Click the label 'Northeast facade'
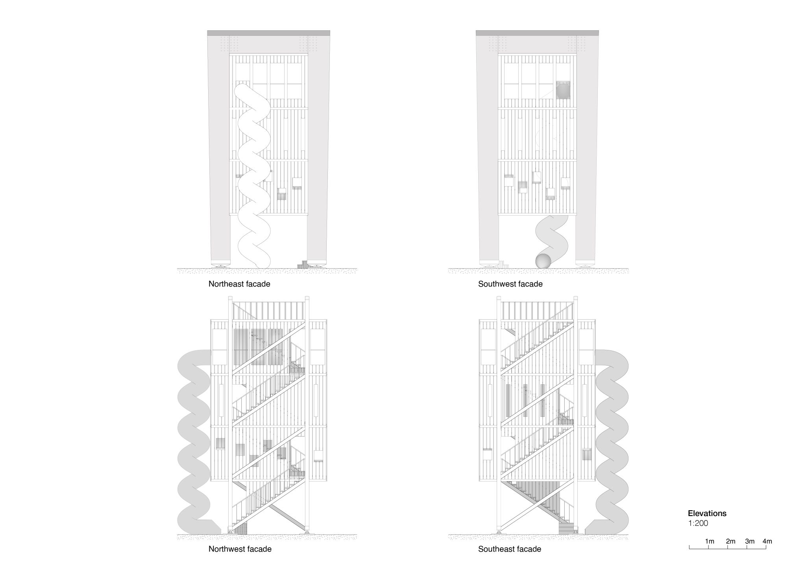point(239,284)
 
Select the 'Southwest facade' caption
point(510,284)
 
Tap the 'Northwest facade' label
point(240,549)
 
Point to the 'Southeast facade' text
point(510,549)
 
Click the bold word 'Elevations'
point(707,513)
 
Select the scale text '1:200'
point(698,524)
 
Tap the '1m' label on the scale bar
point(710,542)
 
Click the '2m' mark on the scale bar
point(730,542)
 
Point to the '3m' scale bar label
point(750,542)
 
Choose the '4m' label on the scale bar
point(767,542)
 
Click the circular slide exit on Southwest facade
point(543,261)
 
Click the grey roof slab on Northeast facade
point(268,33)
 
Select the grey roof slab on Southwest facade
point(537,33)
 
